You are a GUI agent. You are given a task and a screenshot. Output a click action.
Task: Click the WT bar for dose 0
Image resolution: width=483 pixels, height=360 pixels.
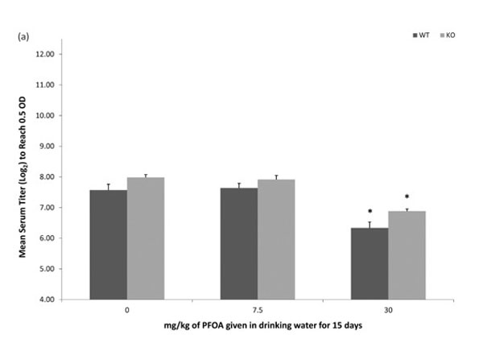(x=109, y=245)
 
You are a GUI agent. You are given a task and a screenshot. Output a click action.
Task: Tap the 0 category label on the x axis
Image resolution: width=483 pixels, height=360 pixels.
(x=127, y=310)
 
